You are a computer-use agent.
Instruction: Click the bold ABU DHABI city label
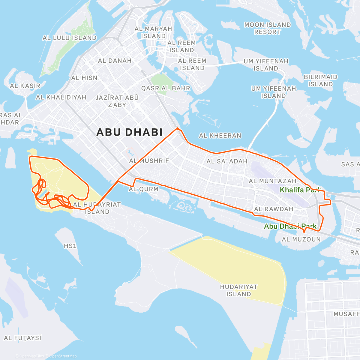click(129, 132)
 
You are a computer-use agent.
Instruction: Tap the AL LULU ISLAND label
click(70, 38)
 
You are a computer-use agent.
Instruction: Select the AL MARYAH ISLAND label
click(153, 32)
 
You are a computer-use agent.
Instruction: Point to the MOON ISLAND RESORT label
click(268, 28)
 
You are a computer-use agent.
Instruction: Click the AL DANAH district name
click(115, 61)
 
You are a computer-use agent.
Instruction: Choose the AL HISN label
click(84, 78)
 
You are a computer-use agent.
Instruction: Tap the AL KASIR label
click(25, 86)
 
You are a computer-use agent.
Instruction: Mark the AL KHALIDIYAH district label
click(61, 97)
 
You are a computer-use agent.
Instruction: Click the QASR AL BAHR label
click(166, 88)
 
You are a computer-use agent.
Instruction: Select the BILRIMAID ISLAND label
click(320, 81)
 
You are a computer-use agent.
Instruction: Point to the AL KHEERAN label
click(220, 136)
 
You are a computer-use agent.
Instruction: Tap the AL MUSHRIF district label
click(149, 161)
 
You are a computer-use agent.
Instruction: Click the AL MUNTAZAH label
click(272, 181)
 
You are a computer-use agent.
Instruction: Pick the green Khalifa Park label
click(300, 190)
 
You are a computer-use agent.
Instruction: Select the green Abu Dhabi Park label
click(290, 226)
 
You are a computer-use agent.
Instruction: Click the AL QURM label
click(143, 189)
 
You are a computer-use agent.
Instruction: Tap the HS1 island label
click(70, 246)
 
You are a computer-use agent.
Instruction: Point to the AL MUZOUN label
click(301, 239)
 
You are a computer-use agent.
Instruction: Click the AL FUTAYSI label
click(23, 338)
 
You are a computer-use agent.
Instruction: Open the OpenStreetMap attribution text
click(63, 356)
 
